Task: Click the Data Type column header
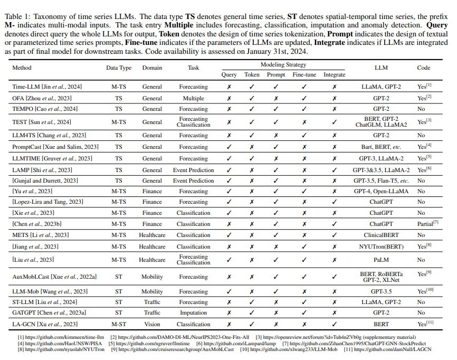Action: pos(119,68)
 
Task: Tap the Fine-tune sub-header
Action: pos(303,74)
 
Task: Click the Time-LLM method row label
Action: pos(47,87)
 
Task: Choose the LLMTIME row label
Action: pos(52,158)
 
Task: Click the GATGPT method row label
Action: pos(49,312)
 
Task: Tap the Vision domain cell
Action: pos(152,324)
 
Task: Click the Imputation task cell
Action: pos(193,312)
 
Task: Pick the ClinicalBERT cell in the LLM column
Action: pos(381,235)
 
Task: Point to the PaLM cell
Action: pos(381,260)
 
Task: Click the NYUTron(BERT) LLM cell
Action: pos(381,247)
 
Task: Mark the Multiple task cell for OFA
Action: pos(193,98)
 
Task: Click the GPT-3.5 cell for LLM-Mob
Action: pos(381,291)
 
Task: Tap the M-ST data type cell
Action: pos(119,324)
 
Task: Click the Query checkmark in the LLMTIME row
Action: pos(229,158)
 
